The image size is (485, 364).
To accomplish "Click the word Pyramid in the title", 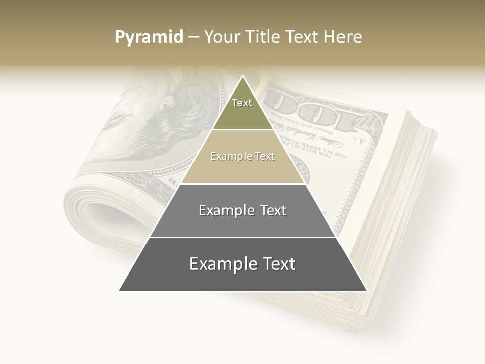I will tap(149, 37).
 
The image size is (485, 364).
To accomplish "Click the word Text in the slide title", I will tap(303, 37).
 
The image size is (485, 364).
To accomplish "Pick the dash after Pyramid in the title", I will tap(192, 37).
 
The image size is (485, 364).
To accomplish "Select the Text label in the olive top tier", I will tap(242, 103).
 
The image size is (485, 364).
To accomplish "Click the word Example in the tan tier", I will tap(230, 156).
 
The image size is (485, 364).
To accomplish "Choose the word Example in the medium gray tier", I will tap(226, 210).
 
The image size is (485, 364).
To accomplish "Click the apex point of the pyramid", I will tap(243, 76).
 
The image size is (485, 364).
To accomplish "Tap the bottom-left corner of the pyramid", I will tap(120, 291).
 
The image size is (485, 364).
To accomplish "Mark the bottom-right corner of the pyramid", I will tap(366, 291).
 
